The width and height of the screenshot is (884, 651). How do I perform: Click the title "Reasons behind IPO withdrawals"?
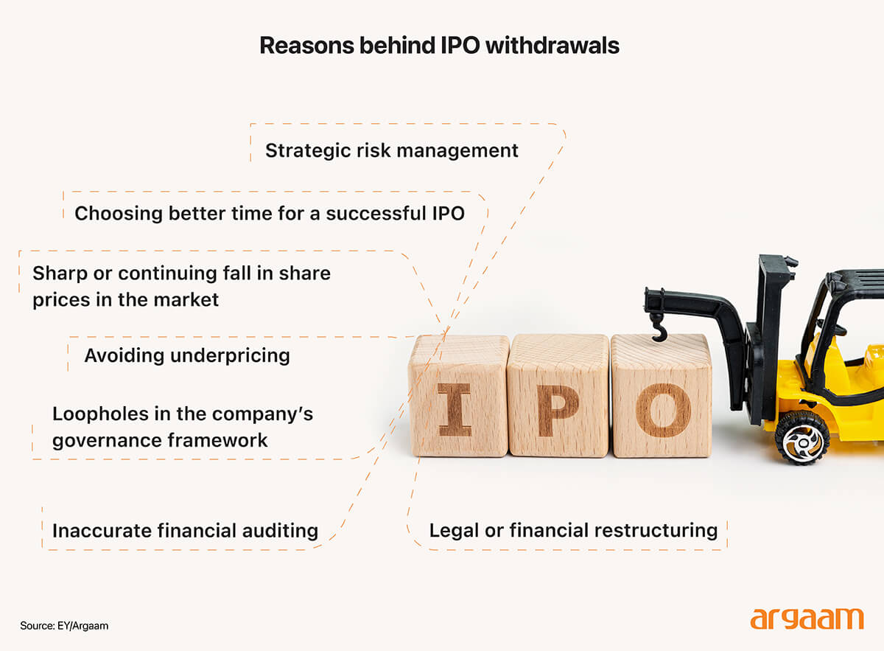tap(439, 46)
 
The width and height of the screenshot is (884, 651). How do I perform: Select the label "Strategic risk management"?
tap(391, 150)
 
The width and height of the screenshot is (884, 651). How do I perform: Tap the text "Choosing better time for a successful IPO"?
tap(270, 214)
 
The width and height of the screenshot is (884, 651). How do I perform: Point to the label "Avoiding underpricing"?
tap(186, 355)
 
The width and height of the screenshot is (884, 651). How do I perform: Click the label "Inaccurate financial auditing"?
tap(185, 530)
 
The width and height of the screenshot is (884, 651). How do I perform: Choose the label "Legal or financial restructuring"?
tap(572, 530)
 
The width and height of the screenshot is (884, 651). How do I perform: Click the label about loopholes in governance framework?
tap(182, 427)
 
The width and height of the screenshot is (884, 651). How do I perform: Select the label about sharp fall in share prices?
tap(181, 286)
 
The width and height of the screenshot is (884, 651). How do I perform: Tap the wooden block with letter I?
tap(458, 396)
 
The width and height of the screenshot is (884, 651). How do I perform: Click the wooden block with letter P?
tap(558, 396)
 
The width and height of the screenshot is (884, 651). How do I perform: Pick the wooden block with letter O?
tap(662, 396)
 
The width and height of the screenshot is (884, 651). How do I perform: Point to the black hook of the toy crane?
tap(658, 327)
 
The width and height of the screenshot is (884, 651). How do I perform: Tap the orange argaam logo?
tap(807, 619)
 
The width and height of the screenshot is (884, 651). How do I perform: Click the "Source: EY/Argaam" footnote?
tap(65, 626)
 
